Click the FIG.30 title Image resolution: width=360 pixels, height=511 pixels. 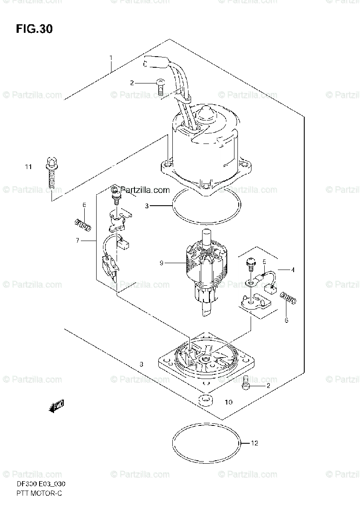coord(34,29)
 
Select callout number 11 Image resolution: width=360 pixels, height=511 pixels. coord(28,167)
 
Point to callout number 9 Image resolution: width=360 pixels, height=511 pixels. coord(162,263)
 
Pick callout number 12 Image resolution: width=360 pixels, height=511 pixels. coord(254,443)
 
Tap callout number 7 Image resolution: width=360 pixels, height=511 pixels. coord(78,241)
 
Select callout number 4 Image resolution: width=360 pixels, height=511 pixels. coord(292,269)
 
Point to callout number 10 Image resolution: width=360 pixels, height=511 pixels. coord(229,402)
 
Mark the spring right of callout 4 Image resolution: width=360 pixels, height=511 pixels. coord(289,298)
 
